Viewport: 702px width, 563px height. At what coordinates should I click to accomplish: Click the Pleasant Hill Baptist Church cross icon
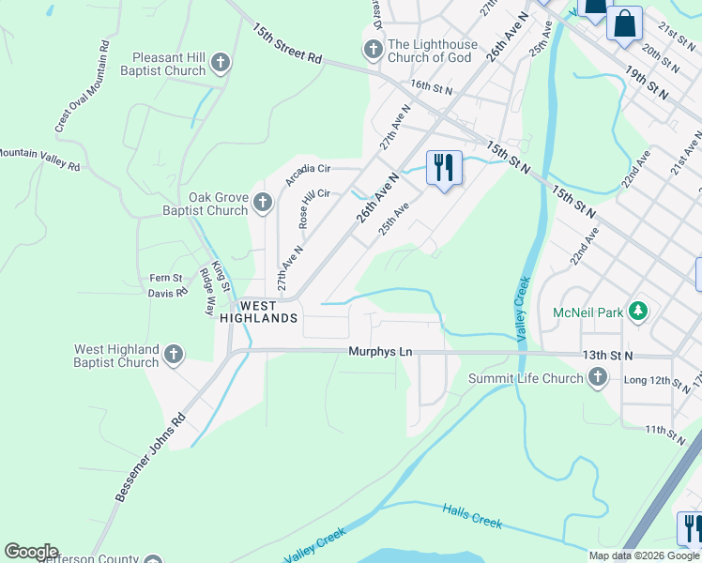(x=221, y=64)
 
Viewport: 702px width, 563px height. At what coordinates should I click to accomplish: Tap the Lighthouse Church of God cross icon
(x=373, y=50)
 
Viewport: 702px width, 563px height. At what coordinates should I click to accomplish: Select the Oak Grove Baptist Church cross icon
(x=263, y=203)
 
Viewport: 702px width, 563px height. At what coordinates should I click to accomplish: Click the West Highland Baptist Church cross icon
(x=173, y=355)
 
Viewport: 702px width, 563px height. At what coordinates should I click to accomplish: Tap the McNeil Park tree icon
(x=638, y=311)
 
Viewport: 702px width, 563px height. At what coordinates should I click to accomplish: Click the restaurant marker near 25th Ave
(x=444, y=168)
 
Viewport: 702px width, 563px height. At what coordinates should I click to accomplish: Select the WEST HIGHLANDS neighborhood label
(x=259, y=312)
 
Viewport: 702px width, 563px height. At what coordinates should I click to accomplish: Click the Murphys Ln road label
(x=380, y=352)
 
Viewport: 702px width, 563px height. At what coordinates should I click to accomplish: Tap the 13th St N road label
(x=608, y=356)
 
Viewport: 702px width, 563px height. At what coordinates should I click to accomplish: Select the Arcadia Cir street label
(x=309, y=175)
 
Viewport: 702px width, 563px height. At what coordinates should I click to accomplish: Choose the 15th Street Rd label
(x=286, y=43)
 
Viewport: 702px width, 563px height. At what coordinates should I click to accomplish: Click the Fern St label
(x=165, y=278)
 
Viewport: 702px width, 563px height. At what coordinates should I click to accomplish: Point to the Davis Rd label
(x=168, y=293)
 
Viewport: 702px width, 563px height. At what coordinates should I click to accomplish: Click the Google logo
(x=31, y=552)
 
